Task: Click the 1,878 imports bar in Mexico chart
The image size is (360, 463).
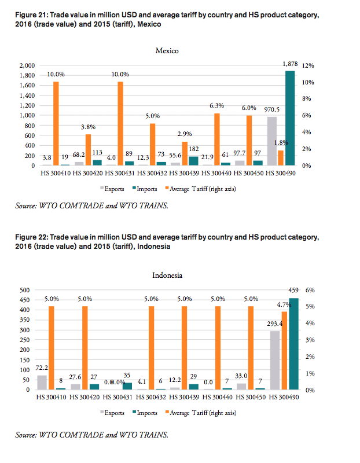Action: tap(290, 118)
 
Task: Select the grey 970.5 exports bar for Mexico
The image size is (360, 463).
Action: tap(271, 141)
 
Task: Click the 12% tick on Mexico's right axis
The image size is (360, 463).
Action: tap(308, 66)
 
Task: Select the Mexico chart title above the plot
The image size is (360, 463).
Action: tap(167, 51)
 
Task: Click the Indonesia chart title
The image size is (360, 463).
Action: tap(167, 275)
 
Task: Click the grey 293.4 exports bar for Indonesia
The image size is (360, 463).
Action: tap(275, 360)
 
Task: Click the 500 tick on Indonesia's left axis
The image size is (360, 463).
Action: tap(25, 289)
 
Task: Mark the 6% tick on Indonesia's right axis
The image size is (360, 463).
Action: tap(310, 289)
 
